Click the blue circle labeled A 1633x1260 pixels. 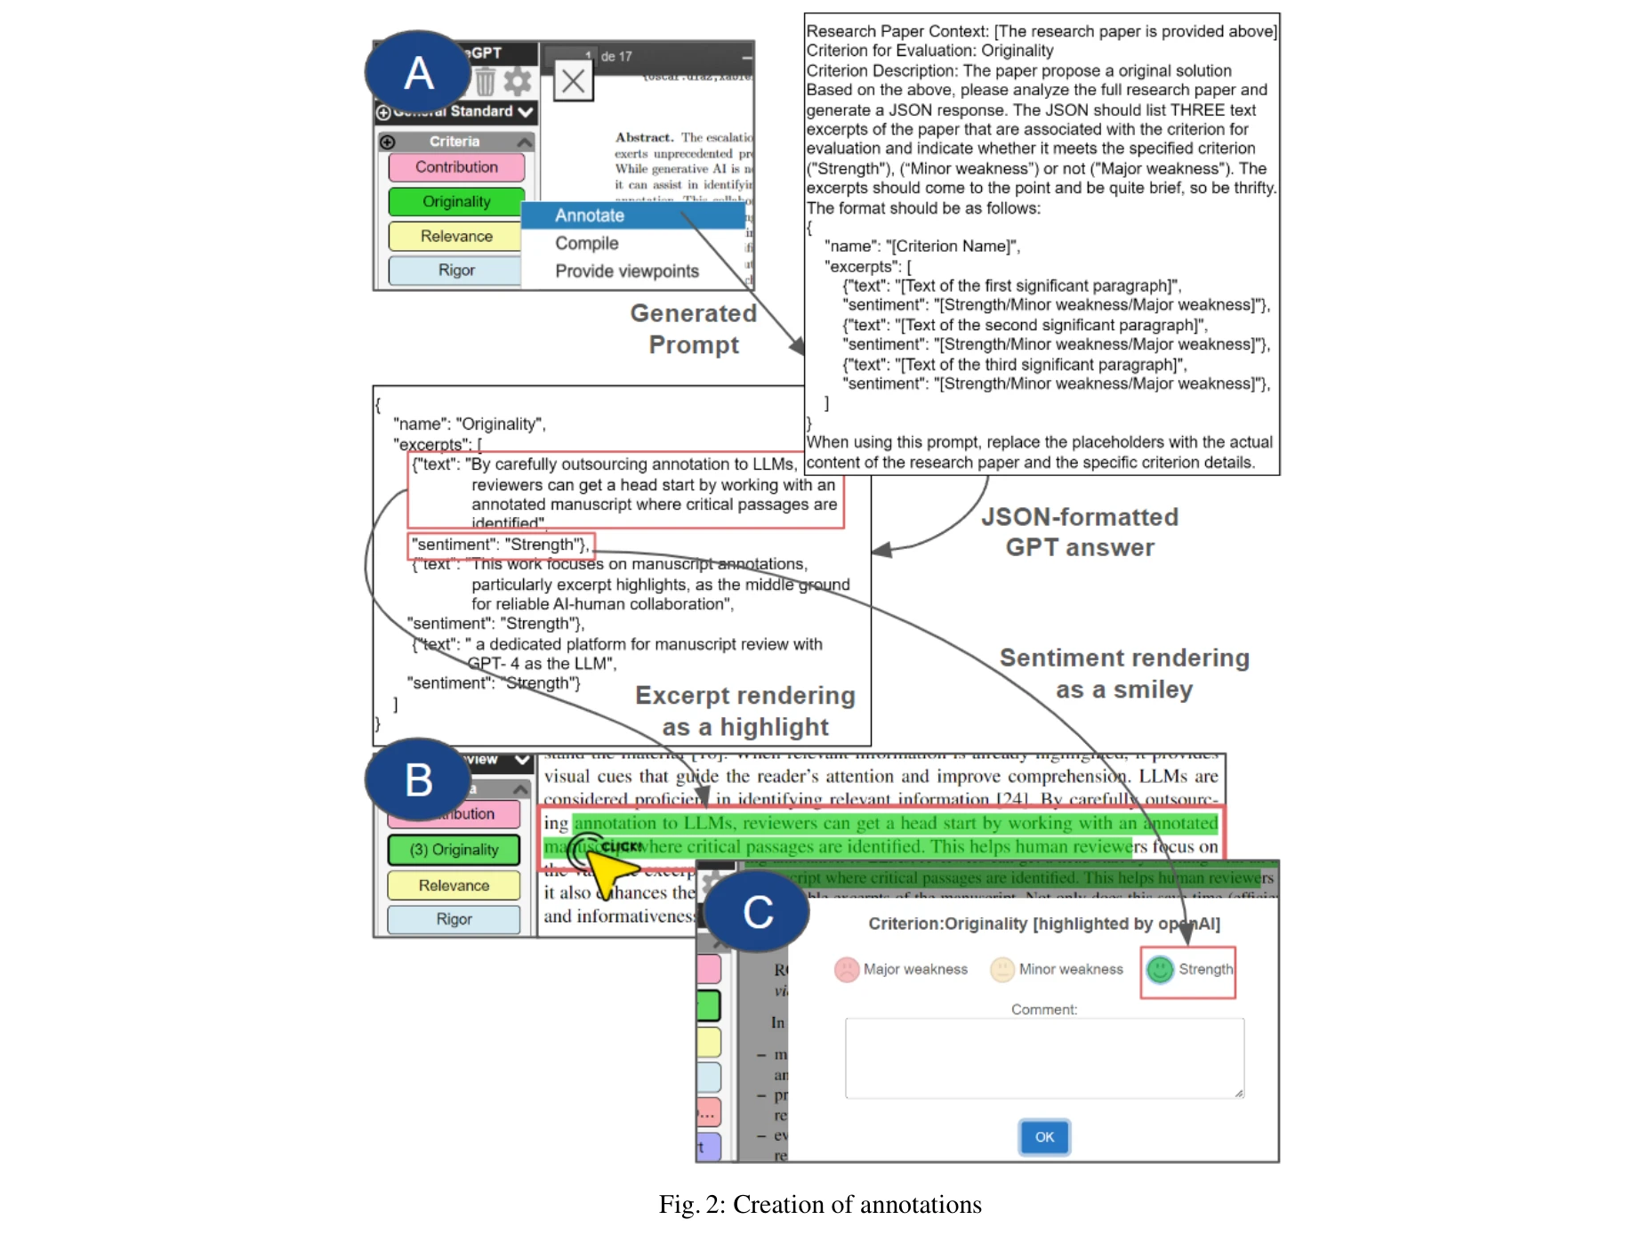418,72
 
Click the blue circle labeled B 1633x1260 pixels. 418,779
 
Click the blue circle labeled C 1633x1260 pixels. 757,912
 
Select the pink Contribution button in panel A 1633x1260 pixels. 456,167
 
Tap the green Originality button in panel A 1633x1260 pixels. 456,202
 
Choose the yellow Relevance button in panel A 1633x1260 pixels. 456,236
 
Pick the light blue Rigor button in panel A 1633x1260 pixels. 456,271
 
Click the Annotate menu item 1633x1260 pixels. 590,215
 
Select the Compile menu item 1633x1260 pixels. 586,243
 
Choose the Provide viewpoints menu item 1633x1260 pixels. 626,271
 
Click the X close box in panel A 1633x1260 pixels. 574,82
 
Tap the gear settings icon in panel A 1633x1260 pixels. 517,82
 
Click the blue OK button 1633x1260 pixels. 1044,1136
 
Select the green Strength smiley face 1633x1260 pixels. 1160,969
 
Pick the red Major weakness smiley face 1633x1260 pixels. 846,969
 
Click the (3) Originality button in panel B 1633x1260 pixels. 455,850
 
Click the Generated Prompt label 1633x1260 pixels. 694,328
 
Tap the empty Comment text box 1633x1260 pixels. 1044,1058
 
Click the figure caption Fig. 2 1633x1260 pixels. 819,1204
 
